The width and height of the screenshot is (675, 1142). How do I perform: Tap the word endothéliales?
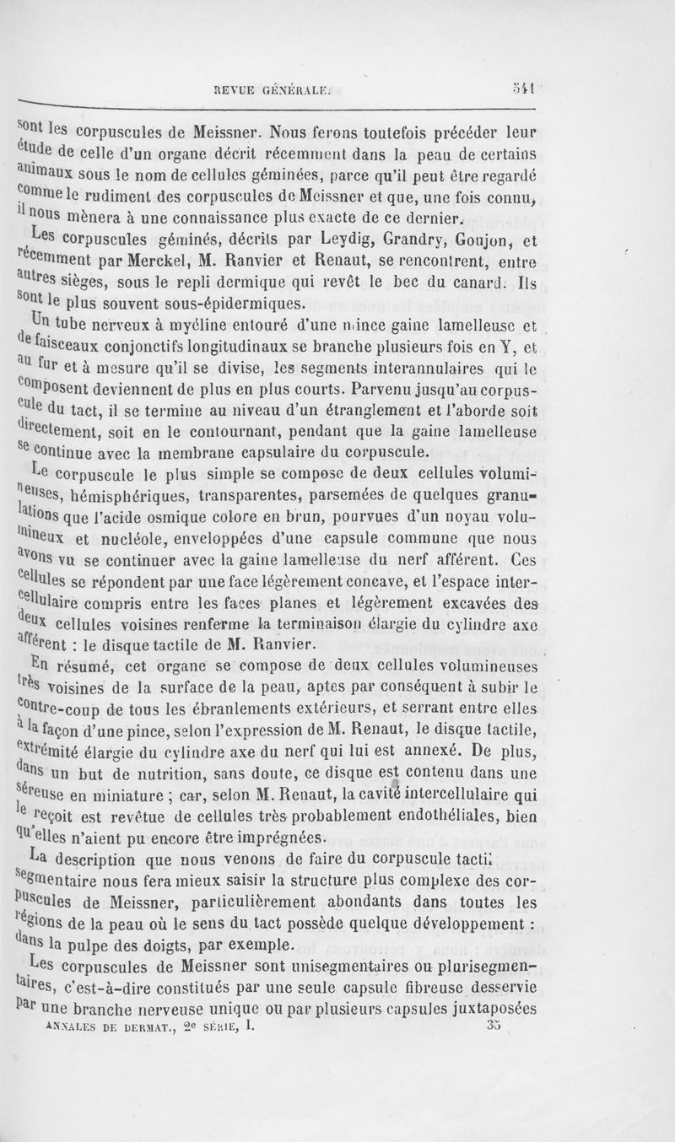click(461, 816)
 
